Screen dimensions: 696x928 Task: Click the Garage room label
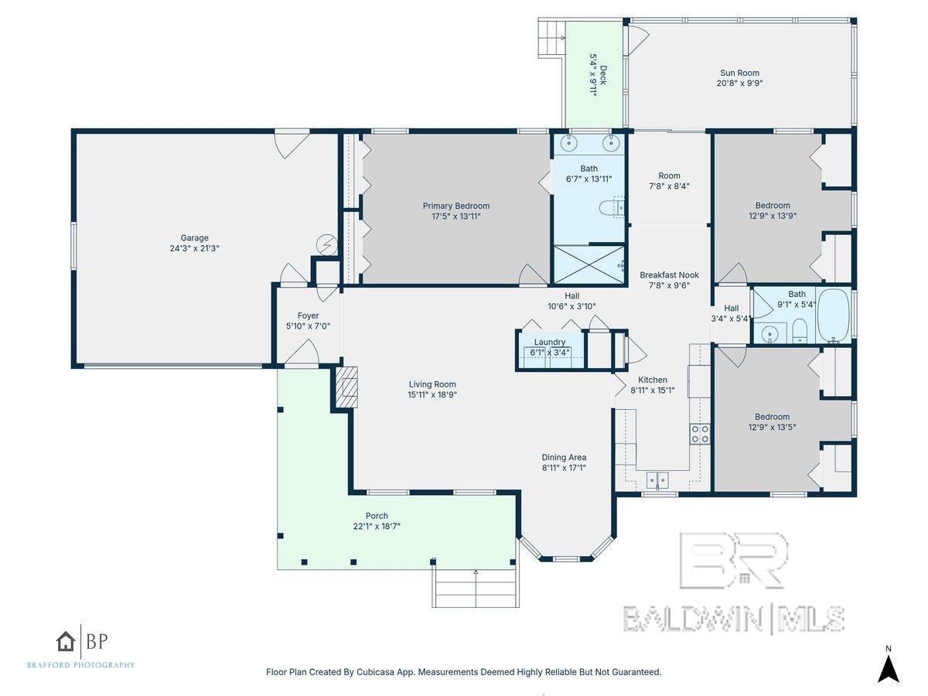click(x=195, y=238)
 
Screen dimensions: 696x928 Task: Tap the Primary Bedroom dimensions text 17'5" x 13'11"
click(x=455, y=217)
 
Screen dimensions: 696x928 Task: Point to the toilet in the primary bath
click(x=610, y=207)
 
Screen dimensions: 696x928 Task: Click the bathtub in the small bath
click(x=833, y=316)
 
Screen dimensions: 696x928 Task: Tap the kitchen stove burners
click(x=699, y=434)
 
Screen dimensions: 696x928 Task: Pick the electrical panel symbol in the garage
click(x=326, y=244)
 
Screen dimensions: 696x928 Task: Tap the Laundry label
click(x=549, y=342)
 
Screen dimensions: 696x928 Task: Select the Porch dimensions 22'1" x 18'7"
click(x=377, y=527)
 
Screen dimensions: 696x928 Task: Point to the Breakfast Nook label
click(x=669, y=275)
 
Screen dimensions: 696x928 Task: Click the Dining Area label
click(x=564, y=457)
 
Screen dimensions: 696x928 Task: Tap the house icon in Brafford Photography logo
click(x=67, y=640)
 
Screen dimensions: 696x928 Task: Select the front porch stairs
click(x=475, y=588)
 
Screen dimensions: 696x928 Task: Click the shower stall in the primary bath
click(x=588, y=264)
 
